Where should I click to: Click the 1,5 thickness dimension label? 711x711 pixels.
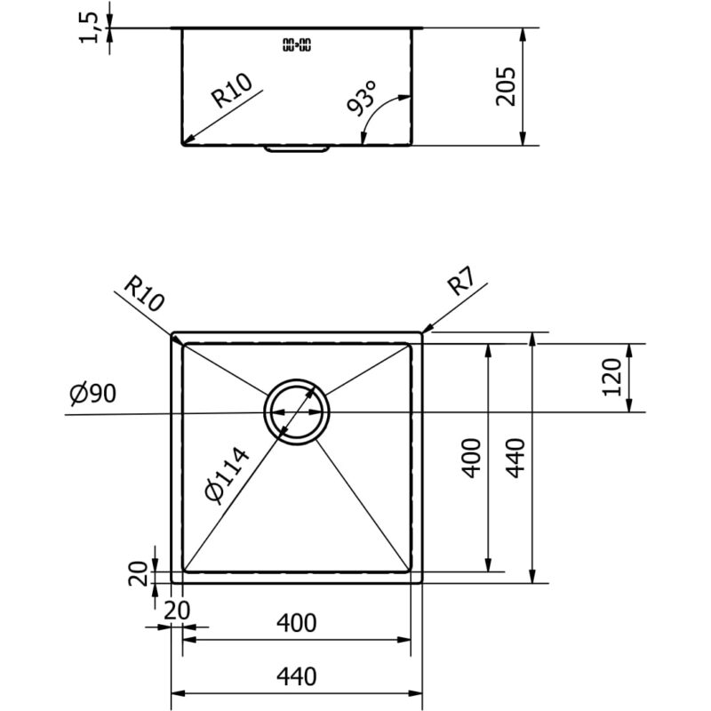pos(89,28)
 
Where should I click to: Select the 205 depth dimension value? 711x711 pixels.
pos(506,86)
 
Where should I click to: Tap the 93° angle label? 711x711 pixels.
pos(362,99)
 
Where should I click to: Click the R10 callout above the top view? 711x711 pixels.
pos(144,294)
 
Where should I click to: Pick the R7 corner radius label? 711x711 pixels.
pos(461,281)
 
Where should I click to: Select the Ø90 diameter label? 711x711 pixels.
pos(93,394)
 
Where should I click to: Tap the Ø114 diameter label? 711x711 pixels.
pos(227,475)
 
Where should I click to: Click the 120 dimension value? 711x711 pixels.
pos(611,377)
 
